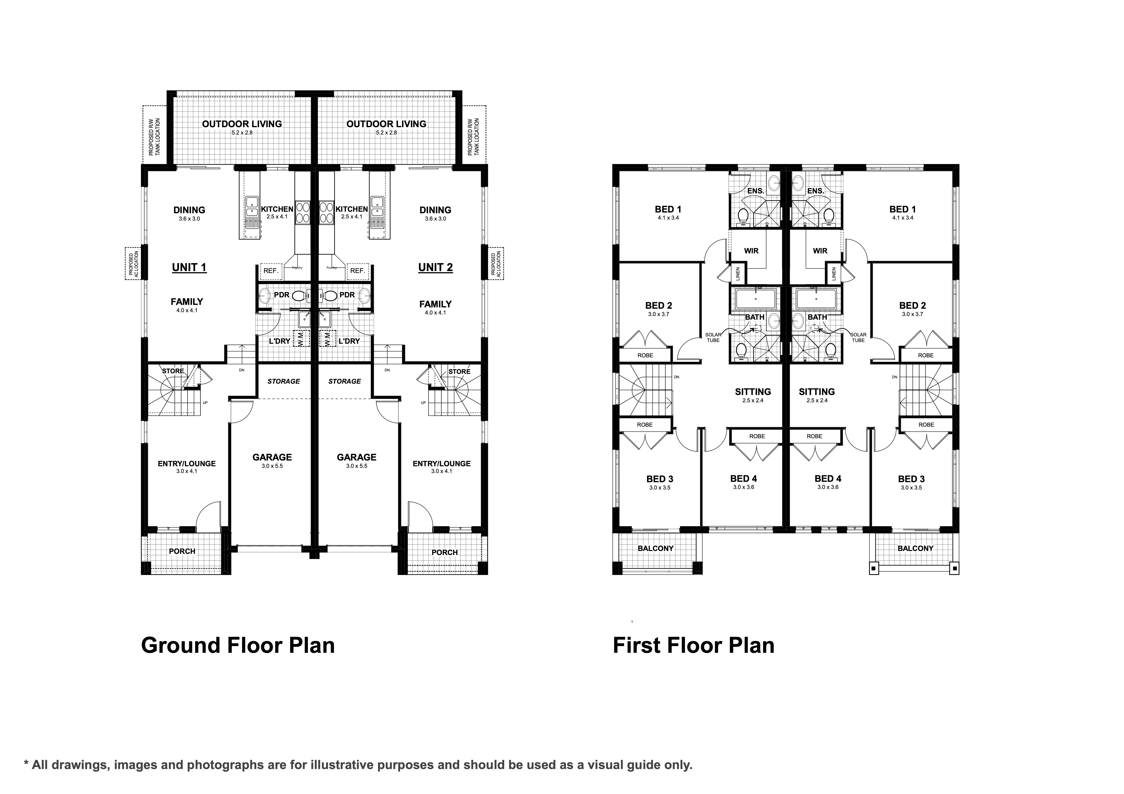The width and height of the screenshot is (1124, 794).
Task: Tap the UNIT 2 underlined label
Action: (435, 268)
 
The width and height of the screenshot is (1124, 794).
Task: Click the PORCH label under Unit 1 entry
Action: (182, 551)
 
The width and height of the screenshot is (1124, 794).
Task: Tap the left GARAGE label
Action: (272, 457)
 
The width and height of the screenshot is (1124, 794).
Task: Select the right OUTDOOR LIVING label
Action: (386, 124)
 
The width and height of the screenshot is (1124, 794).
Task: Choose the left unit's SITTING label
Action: (753, 392)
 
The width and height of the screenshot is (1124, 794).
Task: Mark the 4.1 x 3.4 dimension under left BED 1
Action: (668, 218)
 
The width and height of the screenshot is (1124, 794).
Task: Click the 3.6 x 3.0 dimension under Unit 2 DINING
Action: (435, 219)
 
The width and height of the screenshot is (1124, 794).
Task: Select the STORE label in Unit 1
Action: (173, 371)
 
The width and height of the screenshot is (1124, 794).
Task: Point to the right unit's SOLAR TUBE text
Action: (858, 338)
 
